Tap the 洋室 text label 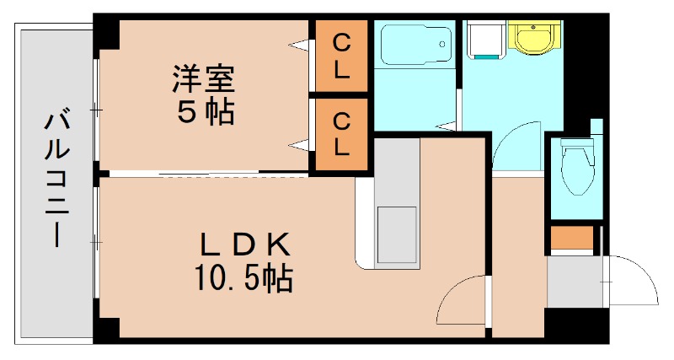point(203,80)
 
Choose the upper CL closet point(341,56)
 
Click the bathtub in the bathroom point(414,44)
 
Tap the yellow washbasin point(531,37)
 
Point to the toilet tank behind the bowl point(578,144)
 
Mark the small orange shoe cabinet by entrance point(561,239)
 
